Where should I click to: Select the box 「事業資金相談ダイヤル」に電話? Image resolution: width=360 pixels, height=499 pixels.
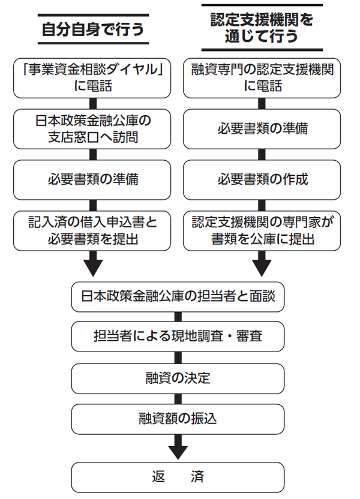92,77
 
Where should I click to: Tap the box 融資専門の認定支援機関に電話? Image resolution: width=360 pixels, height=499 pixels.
262,77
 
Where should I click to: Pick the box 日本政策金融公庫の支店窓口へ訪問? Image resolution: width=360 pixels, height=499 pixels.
92,128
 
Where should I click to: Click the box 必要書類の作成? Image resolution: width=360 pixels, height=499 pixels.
262,179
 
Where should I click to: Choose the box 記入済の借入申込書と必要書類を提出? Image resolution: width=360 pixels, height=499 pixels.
92,230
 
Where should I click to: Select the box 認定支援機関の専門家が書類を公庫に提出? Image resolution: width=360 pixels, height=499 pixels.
262,230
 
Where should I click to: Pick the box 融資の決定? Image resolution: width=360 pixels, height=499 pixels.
178,378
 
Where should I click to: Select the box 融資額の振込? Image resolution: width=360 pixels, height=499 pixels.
178,418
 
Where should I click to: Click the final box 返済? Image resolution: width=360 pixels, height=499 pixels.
178,477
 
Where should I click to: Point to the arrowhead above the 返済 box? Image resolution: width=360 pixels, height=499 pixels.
178,449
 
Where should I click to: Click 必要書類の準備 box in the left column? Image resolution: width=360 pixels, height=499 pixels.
92,179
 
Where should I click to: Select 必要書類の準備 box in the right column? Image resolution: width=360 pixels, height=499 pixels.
262,128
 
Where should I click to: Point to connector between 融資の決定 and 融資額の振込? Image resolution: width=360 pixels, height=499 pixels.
178,398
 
